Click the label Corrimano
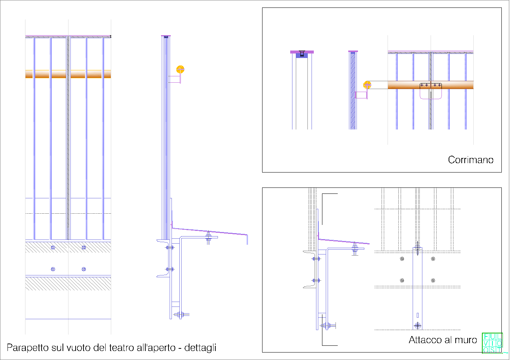pyautogui.click(x=470, y=160)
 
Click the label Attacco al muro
pyautogui.click(x=443, y=340)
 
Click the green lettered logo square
pyautogui.click(x=492, y=343)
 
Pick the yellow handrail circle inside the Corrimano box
pyautogui.click(x=367, y=85)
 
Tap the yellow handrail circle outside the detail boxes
pyautogui.click(x=180, y=69)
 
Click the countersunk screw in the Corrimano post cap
pyautogui.click(x=302, y=54)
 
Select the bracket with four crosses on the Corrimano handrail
pyautogui.click(x=431, y=86)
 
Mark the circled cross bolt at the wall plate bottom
pyautogui.click(x=418, y=326)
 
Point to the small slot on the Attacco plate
pyautogui.click(x=418, y=315)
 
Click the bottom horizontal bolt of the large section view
pyautogui.click(x=180, y=314)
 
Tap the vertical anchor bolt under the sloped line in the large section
pyautogui.click(x=209, y=238)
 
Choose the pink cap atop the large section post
pyautogui.click(x=166, y=36)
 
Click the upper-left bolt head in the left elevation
pyautogui.click(x=53, y=247)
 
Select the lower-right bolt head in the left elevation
pyautogui.click(x=84, y=269)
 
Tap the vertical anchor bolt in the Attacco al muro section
pyautogui.click(x=355, y=248)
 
